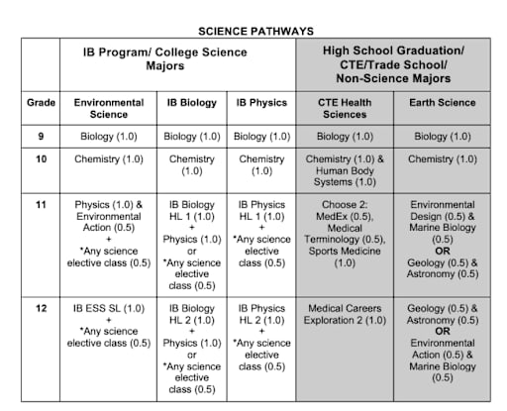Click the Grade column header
[x=42, y=102]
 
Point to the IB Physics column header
[x=261, y=102]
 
